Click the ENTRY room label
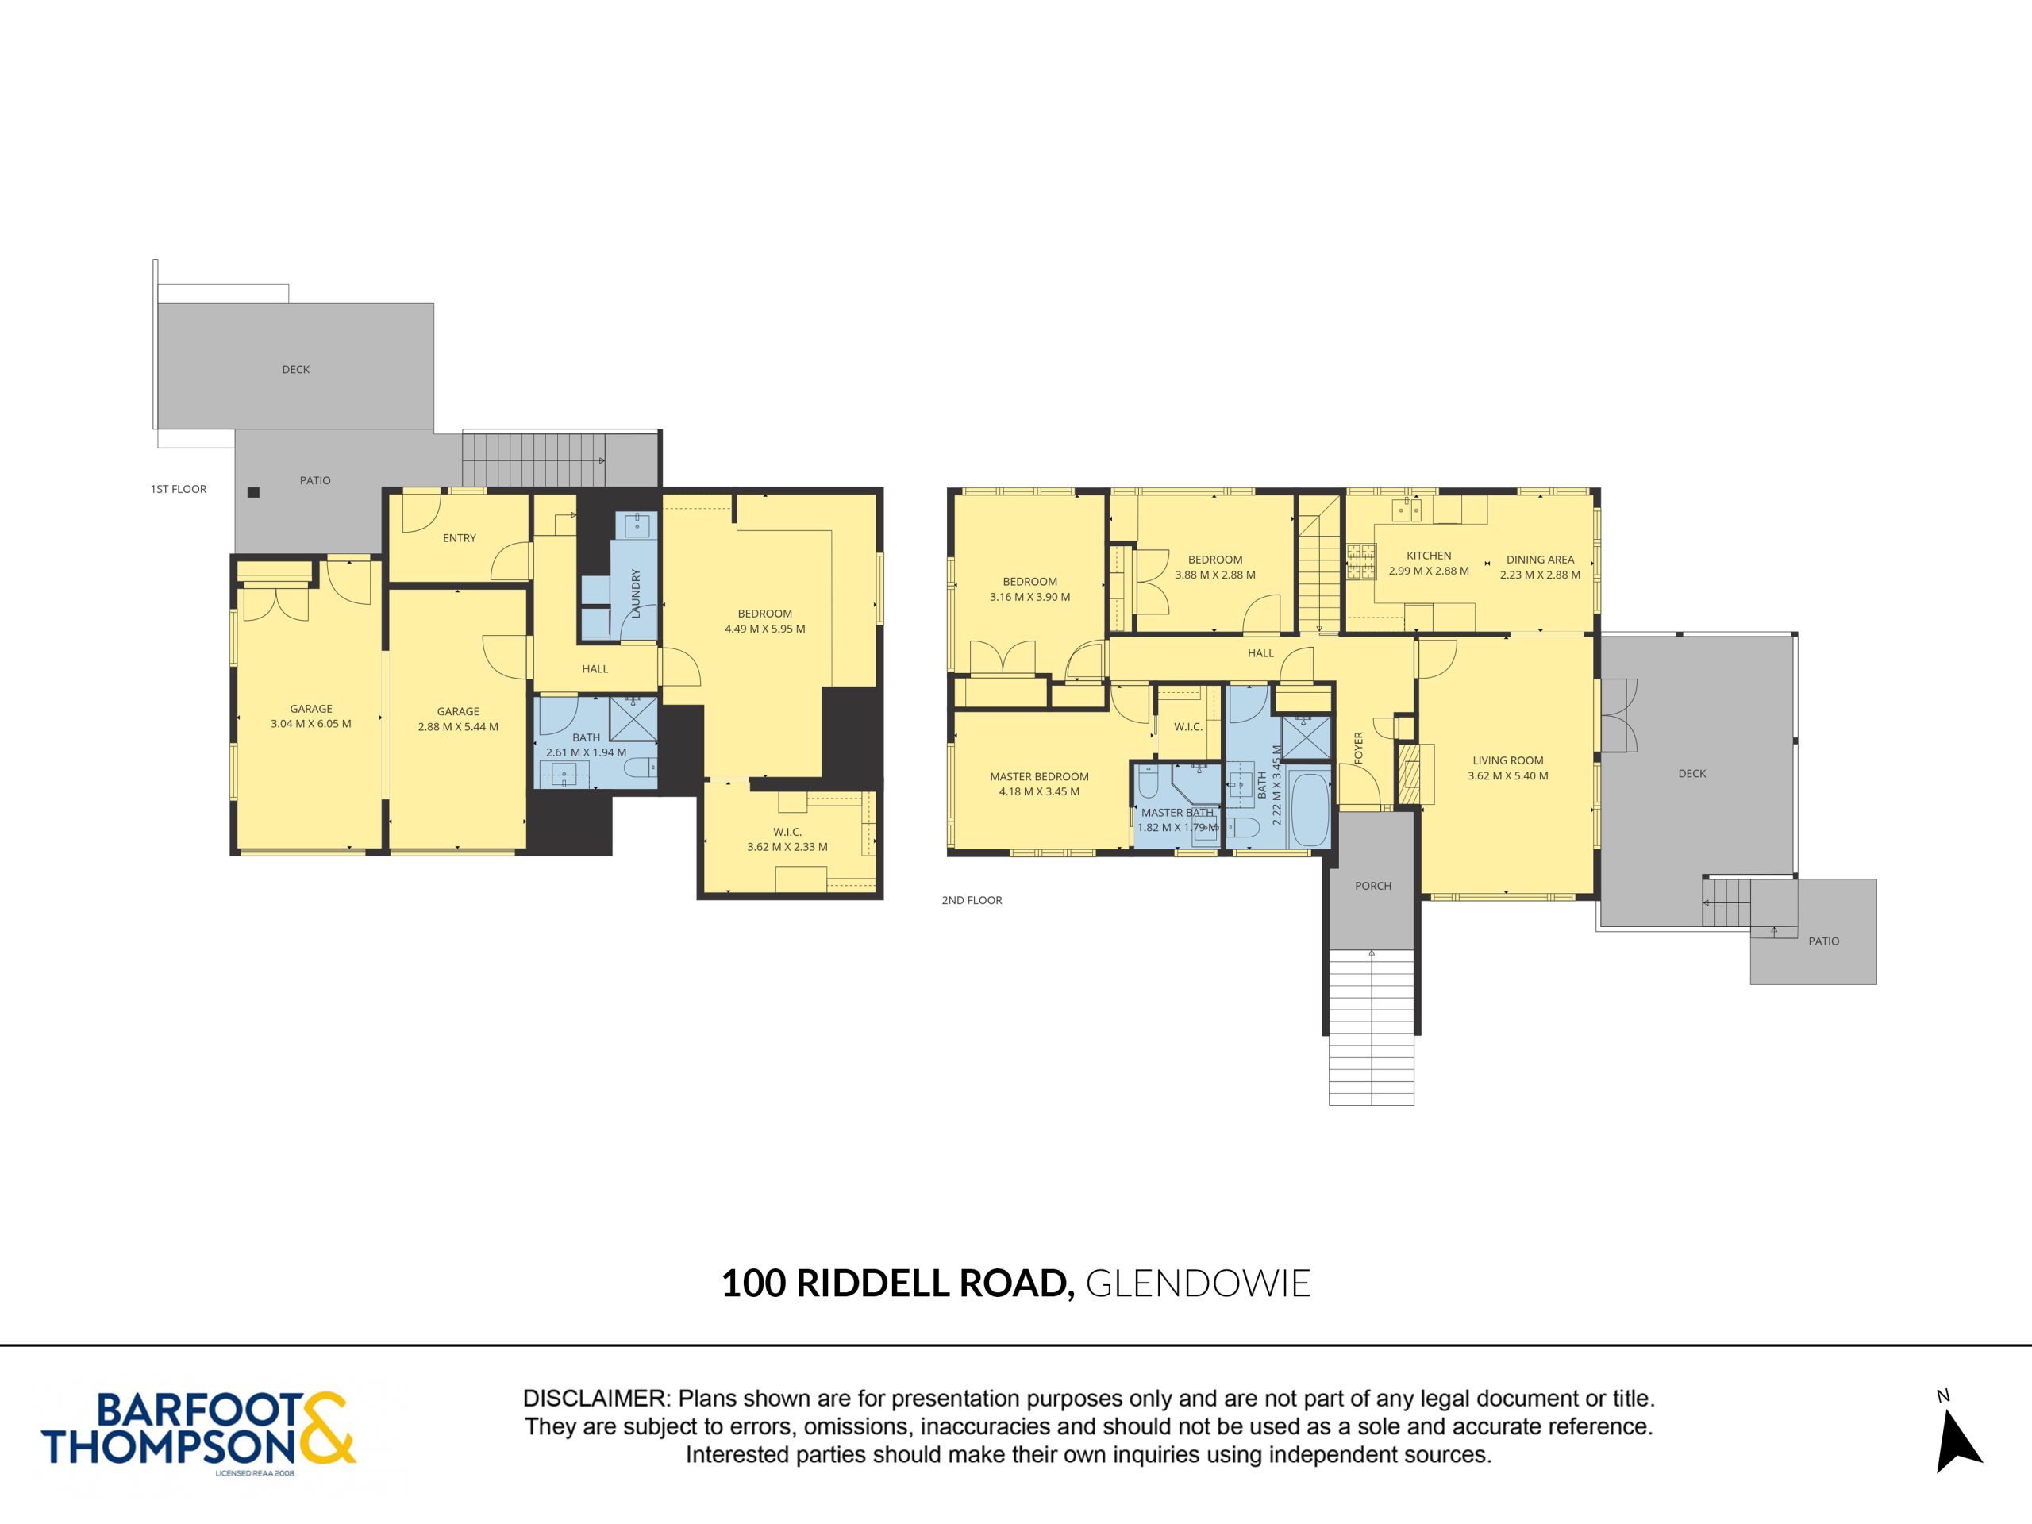[460, 538]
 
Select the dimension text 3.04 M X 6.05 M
[311, 724]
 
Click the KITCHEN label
[1429, 556]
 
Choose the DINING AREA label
[1540, 560]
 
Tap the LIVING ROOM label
[1507, 760]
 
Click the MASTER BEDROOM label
[1039, 776]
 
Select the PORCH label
[1372, 886]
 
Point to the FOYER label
[1359, 747]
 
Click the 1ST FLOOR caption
[179, 489]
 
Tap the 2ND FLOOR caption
[972, 900]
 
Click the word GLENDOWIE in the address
[1198, 1283]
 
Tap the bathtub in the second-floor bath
[1309, 808]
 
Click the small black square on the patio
[253, 492]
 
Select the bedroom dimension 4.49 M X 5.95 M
[764, 629]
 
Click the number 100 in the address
[753, 1283]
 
